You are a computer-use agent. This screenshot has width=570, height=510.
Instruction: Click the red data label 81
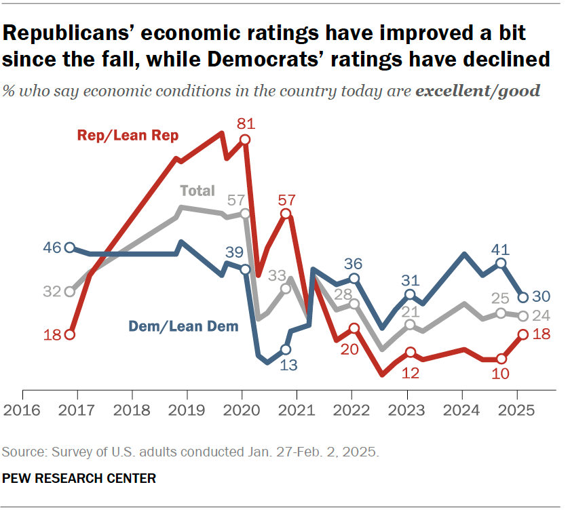coord(245,123)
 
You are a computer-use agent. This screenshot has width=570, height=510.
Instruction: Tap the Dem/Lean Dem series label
coord(183,327)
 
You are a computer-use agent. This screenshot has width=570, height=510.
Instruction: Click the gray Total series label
coord(197,191)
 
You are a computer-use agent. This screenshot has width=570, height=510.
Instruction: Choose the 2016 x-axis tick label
coord(22,411)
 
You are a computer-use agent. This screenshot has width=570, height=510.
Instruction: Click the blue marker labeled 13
coord(286,349)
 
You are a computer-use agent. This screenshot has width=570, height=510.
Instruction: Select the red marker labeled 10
coord(501,359)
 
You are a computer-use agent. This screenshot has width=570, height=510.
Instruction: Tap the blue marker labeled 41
coord(501,262)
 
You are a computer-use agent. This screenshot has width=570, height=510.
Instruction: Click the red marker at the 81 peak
coord(245,140)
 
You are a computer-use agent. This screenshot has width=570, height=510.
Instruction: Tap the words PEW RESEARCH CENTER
coord(79,478)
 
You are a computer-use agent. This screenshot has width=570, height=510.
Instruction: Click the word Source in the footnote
coord(19,451)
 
